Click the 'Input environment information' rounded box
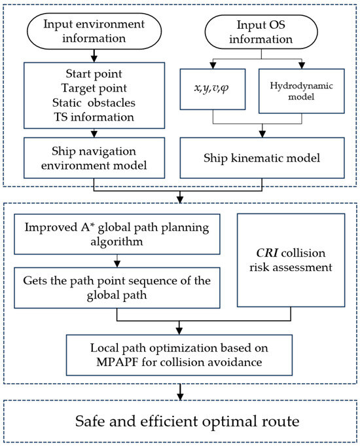(x=94, y=31)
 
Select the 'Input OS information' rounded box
(x=261, y=32)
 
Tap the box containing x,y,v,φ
(x=213, y=89)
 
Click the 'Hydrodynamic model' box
(x=302, y=91)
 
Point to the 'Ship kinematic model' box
(x=262, y=158)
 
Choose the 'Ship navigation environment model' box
(x=94, y=158)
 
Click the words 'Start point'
(x=94, y=74)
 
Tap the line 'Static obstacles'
(x=94, y=103)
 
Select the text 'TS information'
(x=94, y=117)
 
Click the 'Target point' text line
(x=94, y=88)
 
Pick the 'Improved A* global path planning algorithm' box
(x=117, y=234)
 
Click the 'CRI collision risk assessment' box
(x=291, y=260)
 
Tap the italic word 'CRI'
(x=267, y=253)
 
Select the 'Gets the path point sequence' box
(x=117, y=288)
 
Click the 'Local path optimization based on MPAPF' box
(x=179, y=355)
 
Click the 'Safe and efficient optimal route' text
(x=187, y=421)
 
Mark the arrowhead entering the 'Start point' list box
(x=94, y=59)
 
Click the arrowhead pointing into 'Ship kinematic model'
(x=262, y=134)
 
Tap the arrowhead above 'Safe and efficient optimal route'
(x=180, y=396)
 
